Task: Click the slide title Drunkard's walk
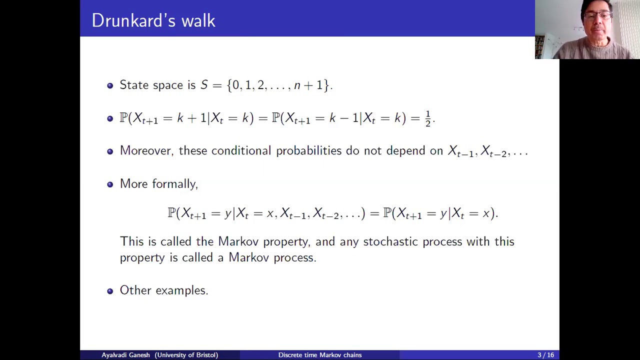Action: [153, 20]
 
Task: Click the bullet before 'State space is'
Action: [110, 85]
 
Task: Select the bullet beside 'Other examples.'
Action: [110, 291]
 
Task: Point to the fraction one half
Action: [427, 118]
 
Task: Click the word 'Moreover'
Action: [145, 151]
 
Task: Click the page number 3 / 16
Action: [545, 355]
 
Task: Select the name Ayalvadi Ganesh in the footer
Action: [125, 355]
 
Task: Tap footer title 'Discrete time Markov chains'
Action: [320, 355]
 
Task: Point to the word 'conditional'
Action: [241, 151]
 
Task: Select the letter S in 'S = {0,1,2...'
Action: [204, 85]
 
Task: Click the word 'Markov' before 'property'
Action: [238, 242]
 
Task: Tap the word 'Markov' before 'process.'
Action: [248, 258]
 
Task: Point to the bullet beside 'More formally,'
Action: [110, 184]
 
